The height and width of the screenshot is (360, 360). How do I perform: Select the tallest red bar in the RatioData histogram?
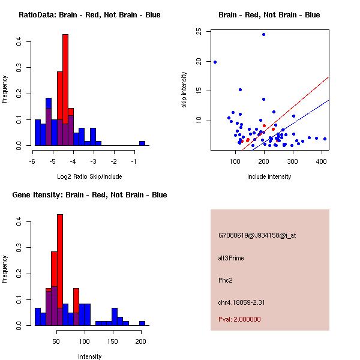[65, 90]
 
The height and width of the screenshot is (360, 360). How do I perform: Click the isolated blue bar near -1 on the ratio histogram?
[142, 143]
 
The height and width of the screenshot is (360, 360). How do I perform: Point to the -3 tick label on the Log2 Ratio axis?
[94, 161]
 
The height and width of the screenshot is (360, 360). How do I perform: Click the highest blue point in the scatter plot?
[263, 34]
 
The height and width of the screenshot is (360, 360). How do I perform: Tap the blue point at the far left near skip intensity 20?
[215, 62]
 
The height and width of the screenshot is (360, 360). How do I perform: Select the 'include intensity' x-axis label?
[269, 176]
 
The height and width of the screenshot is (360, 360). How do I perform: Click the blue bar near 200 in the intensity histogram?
[142, 323]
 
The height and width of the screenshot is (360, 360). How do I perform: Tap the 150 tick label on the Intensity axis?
[113, 341]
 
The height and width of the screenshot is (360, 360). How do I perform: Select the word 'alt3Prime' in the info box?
[231, 258]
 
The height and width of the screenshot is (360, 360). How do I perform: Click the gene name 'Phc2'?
[226, 280]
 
